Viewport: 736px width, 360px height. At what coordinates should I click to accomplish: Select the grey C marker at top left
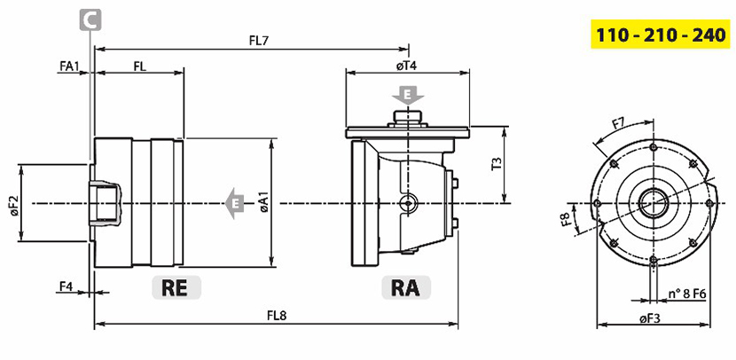[90, 20]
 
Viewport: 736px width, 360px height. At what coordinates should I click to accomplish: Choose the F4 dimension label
[67, 286]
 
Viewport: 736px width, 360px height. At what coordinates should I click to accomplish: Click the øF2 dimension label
[13, 205]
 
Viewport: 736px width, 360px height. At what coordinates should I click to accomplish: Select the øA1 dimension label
[262, 205]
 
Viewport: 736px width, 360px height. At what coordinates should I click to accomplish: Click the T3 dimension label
[497, 164]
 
